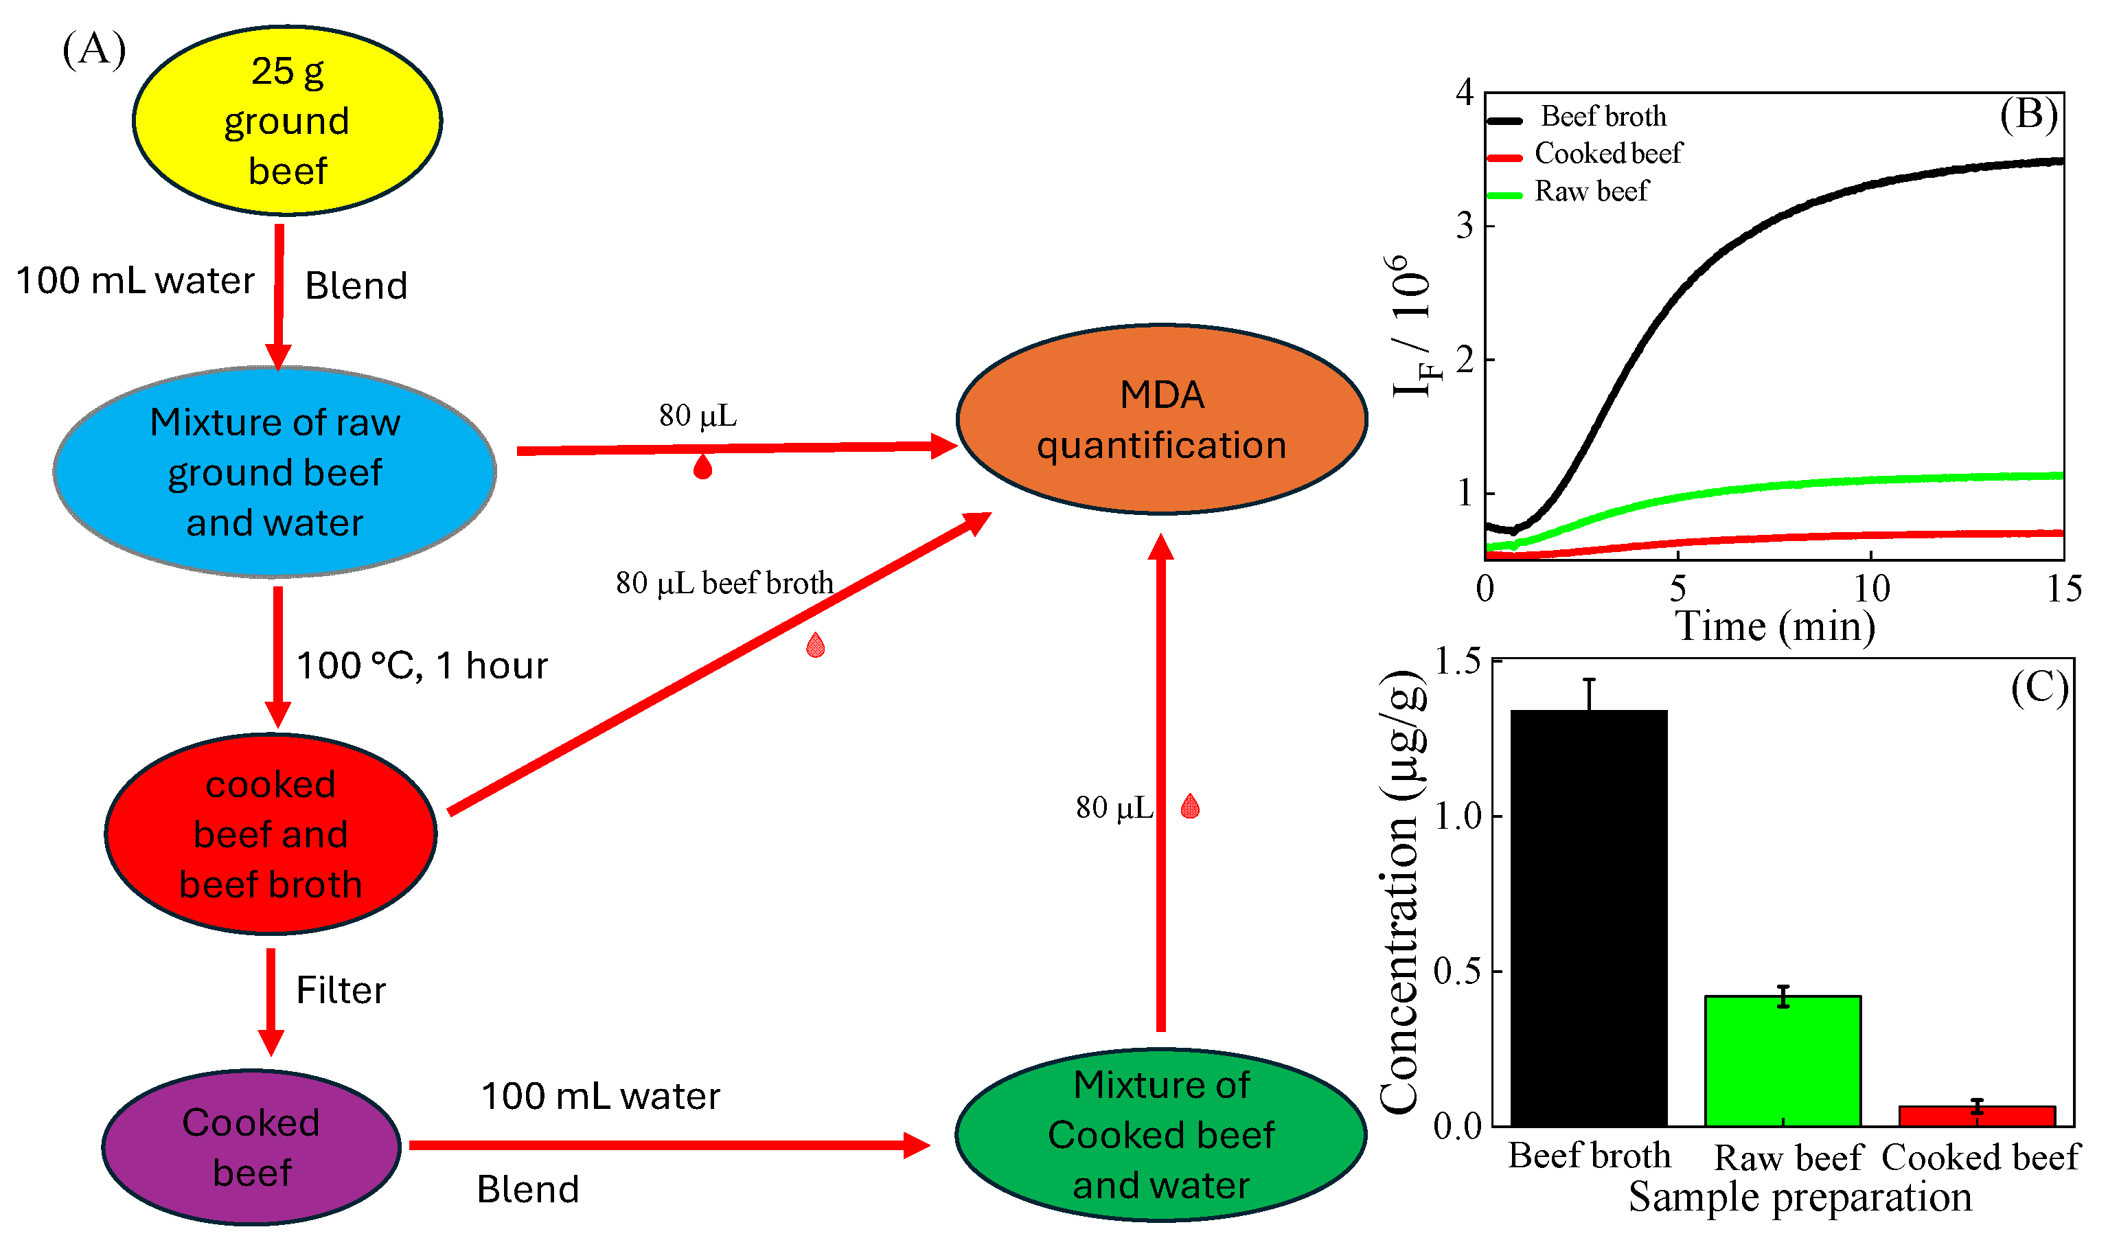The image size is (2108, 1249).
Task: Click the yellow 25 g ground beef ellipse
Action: (287, 120)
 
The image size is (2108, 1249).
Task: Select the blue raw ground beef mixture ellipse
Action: (275, 472)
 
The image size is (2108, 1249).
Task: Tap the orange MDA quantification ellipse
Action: (1161, 419)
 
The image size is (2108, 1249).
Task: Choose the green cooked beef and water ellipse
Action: (1161, 1134)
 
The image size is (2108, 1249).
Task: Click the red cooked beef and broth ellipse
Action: (270, 834)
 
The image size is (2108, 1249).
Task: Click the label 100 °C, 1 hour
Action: (422, 666)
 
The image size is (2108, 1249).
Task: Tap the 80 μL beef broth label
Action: (724, 583)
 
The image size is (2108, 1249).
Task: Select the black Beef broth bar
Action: (1589, 917)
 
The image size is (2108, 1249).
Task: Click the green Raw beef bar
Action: (1783, 1060)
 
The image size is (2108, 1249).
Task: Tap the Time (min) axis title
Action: (1776, 627)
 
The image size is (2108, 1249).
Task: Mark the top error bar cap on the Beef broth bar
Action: (1589, 680)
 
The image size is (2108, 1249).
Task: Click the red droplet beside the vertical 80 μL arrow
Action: (1190, 806)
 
